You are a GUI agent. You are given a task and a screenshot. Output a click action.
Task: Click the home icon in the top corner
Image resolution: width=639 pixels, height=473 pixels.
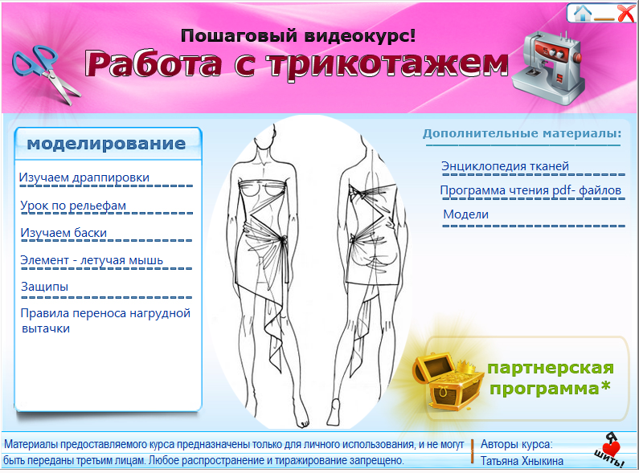click(582, 12)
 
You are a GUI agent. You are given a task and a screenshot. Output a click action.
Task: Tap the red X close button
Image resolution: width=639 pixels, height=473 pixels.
click(625, 12)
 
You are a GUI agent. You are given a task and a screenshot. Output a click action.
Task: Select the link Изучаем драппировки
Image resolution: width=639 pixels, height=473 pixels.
click(84, 177)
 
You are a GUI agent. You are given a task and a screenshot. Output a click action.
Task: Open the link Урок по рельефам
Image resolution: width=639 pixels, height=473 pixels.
click(73, 206)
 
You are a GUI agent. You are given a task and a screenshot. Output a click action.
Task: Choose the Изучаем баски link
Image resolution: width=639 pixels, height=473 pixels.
click(63, 233)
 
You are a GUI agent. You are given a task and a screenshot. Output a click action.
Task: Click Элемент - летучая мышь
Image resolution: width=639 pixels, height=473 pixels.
click(92, 260)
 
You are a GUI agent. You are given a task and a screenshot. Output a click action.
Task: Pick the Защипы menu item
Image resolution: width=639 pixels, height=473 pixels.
click(44, 287)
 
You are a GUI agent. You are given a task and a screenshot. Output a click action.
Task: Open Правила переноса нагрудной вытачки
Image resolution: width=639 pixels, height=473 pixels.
click(104, 320)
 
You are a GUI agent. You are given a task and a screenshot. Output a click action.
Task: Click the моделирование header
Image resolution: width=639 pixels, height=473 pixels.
click(106, 145)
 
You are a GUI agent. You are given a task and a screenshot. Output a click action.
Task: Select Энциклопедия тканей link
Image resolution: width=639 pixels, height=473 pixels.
click(505, 166)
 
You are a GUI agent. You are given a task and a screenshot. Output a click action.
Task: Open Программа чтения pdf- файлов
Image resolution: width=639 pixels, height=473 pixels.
click(530, 191)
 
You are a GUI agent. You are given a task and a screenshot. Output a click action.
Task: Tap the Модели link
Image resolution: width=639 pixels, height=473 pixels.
click(466, 215)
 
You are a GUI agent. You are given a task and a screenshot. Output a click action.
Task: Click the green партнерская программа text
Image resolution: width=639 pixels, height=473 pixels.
click(551, 379)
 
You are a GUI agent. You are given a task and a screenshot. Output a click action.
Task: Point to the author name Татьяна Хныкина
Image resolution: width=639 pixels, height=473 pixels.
click(522, 461)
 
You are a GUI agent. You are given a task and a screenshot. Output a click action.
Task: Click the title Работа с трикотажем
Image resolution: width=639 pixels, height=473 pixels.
click(297, 64)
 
